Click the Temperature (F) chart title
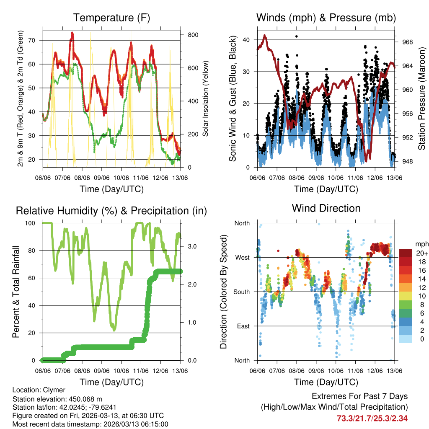coord(111,18)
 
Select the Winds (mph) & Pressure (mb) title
coord(326,18)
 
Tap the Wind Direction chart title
coord(326,208)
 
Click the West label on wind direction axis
coord(242,257)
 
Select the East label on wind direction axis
coord(243,326)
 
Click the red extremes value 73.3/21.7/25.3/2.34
coord(372,418)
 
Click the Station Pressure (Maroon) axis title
coord(422,98)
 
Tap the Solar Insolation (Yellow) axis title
coord(205,98)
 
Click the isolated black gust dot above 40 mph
coord(297,36)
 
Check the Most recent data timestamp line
coord(90,424)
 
